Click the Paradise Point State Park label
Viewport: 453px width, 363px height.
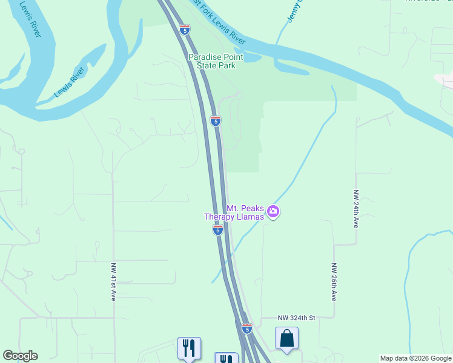pyautogui.click(x=211, y=61)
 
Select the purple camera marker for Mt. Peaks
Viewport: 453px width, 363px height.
pyautogui.click(x=273, y=212)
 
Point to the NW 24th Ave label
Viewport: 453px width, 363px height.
pyautogui.click(x=356, y=209)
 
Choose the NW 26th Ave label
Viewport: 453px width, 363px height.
pyautogui.click(x=334, y=282)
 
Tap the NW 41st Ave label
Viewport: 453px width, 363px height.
pyautogui.click(x=113, y=282)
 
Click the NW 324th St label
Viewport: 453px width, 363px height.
pyautogui.click(x=297, y=318)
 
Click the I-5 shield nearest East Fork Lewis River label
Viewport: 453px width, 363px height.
pyautogui.click(x=185, y=29)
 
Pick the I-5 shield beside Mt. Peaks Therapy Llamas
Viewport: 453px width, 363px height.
pyautogui.click(x=218, y=230)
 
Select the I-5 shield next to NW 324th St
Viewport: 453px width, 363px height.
pyautogui.click(x=247, y=329)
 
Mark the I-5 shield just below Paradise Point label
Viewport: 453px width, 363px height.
pyautogui.click(x=215, y=120)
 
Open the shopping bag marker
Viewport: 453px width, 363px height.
pyautogui.click(x=286, y=338)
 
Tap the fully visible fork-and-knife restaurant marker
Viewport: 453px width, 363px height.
pyautogui.click(x=189, y=347)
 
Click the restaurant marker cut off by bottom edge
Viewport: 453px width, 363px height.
pyautogui.click(x=226, y=358)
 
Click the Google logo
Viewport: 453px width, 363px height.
pyautogui.click(x=20, y=356)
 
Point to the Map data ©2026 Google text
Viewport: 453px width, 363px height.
pyautogui.click(x=415, y=358)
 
